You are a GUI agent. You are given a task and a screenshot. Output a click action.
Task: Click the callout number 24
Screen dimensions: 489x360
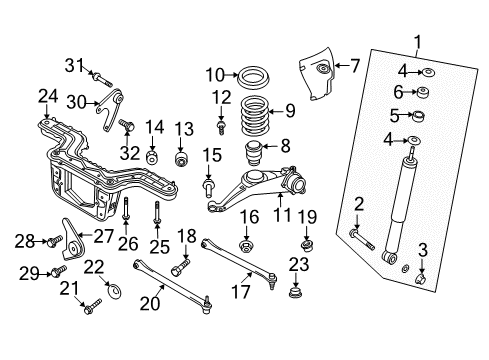click(48, 96)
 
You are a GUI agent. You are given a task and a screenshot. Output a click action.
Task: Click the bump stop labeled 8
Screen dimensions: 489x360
click(254, 153)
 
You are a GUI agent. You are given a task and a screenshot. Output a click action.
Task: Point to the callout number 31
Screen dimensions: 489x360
click(74, 65)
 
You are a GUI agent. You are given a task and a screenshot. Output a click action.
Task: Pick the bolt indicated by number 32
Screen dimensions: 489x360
click(127, 125)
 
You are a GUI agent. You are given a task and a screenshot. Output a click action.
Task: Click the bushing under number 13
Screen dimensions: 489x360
click(182, 158)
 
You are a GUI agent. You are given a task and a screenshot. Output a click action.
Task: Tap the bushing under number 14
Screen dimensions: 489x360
click(152, 156)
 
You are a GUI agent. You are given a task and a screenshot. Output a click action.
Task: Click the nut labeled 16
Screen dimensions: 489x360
click(246, 246)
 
